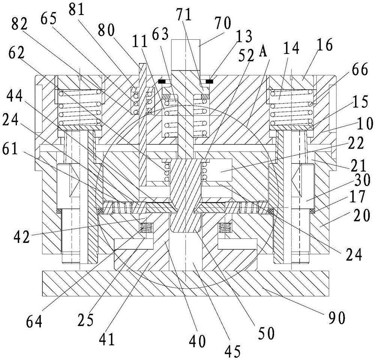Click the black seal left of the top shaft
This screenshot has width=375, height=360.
(x=162, y=81)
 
